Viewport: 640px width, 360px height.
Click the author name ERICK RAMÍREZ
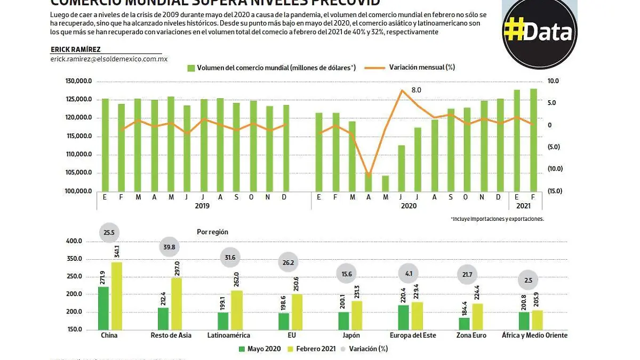coord(75,50)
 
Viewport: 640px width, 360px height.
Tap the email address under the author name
coord(109,59)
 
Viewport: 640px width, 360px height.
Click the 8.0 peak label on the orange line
coord(416,90)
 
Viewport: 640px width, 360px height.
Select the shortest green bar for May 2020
coord(385,183)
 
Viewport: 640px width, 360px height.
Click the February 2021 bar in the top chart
coord(533,140)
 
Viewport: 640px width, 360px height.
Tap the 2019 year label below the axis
coord(202,205)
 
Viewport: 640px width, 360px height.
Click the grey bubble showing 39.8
coord(170,247)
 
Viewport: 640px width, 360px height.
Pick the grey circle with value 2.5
coord(529,281)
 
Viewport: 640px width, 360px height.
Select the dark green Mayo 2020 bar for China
coord(103,308)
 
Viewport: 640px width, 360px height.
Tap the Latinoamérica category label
coord(230,335)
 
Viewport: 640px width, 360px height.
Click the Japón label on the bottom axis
coord(351,335)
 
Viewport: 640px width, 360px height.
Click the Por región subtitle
coord(212,232)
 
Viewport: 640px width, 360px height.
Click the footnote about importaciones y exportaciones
coord(497,219)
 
